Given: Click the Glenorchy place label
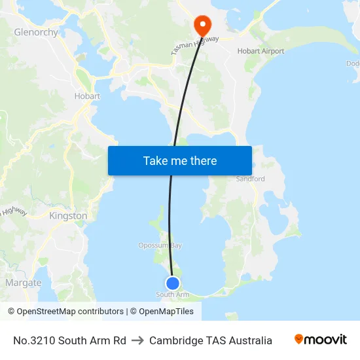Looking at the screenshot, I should pyautogui.click(x=36, y=32).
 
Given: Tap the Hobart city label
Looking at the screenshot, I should pyautogui.click(x=87, y=96).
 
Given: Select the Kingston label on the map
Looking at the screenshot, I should pyautogui.click(x=68, y=215).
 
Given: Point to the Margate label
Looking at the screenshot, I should pyautogui.click(x=24, y=283).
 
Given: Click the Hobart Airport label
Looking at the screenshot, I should pyautogui.click(x=261, y=51).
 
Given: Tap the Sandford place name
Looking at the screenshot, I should pyautogui.click(x=250, y=179).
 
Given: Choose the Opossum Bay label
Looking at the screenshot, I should pyautogui.click(x=160, y=245).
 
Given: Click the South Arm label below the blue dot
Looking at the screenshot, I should pyautogui.click(x=172, y=295).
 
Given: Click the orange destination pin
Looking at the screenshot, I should pyautogui.click(x=202, y=26).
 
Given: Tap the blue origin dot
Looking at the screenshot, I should pyautogui.click(x=172, y=283).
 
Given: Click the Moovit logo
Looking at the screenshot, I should pyautogui.click(x=321, y=340).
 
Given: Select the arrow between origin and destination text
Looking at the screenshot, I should pyautogui.click(x=137, y=340).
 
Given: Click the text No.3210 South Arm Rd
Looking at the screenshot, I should pyautogui.click(x=69, y=340).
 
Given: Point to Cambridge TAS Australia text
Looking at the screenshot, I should pyautogui.click(x=210, y=340).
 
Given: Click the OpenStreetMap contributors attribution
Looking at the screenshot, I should pyautogui.click(x=70, y=312).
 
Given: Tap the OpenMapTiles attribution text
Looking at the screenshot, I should pyautogui.click(x=166, y=312).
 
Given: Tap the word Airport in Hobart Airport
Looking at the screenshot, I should pyautogui.click(x=273, y=51).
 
